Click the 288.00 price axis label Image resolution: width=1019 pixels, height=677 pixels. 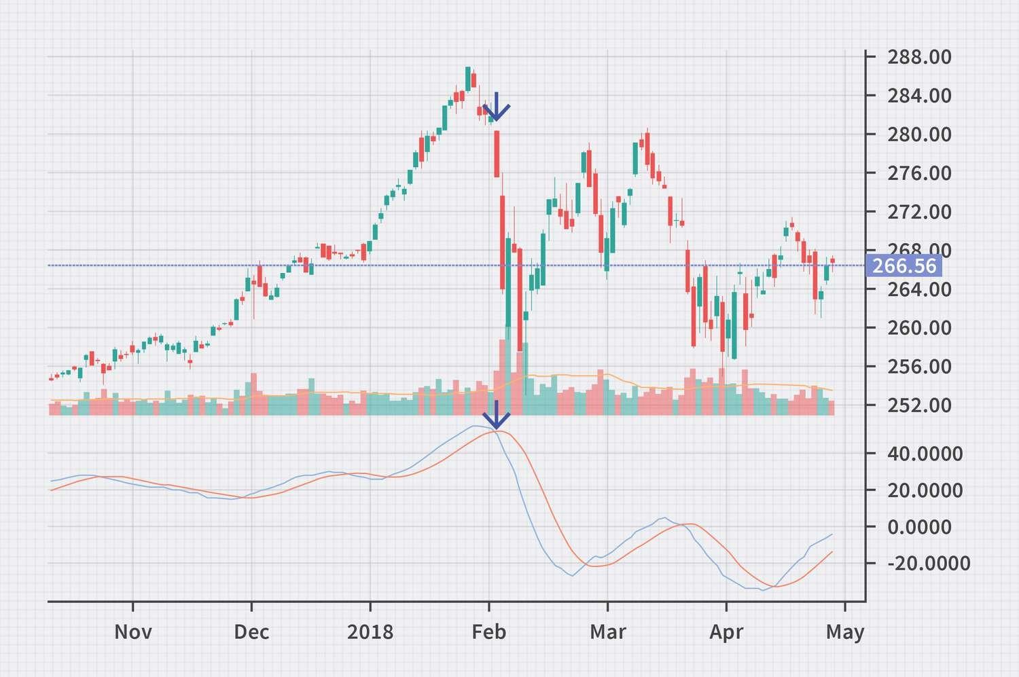(919, 57)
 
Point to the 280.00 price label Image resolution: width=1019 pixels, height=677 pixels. (919, 134)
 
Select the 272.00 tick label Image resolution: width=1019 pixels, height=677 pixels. (919, 212)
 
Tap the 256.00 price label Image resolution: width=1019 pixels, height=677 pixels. (919, 367)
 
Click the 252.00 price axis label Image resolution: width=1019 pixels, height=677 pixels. (919, 405)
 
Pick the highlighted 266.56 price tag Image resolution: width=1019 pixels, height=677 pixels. (904, 266)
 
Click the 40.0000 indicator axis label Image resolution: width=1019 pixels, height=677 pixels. (925, 454)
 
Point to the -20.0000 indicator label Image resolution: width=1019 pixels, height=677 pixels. (929, 564)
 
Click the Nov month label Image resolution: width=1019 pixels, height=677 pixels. (132, 632)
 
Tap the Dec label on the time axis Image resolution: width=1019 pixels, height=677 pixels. (251, 632)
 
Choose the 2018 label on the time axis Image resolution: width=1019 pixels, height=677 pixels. (370, 632)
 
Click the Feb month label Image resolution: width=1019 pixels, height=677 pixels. (489, 632)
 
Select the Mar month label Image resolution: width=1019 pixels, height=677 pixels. (607, 632)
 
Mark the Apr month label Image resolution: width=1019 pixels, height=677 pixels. (726, 632)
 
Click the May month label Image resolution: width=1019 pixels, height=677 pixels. (845, 633)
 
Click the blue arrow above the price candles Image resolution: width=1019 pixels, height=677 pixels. (497, 107)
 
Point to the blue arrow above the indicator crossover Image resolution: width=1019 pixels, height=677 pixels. (497, 416)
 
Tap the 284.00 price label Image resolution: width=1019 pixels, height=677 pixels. (919, 96)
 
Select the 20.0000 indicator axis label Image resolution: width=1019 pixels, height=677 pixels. (925, 490)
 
